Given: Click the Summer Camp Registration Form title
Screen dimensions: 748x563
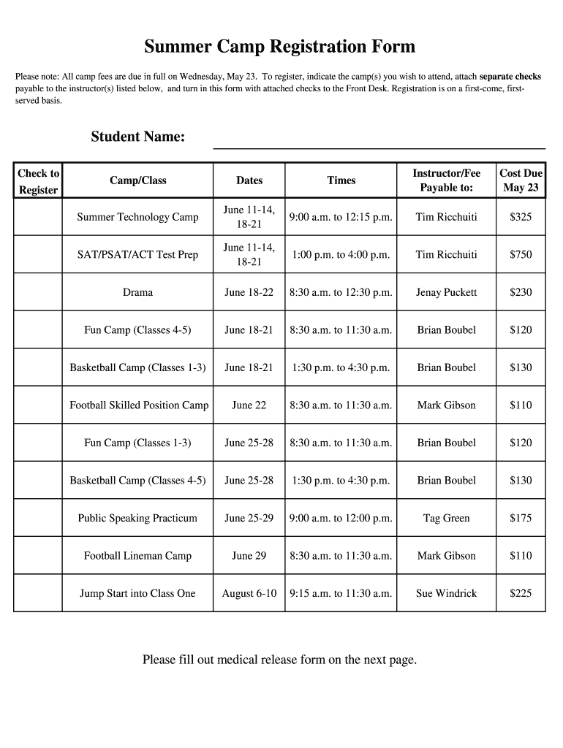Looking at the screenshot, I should pyautogui.click(x=279, y=47).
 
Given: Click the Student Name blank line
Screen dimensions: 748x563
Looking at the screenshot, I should pyautogui.click(x=379, y=142).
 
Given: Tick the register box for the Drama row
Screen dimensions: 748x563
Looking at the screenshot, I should pyautogui.click(x=37, y=292).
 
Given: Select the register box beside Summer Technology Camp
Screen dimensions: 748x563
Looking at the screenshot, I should pyautogui.click(x=37, y=217).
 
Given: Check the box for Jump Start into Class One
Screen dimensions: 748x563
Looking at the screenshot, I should pyautogui.click(x=37, y=593).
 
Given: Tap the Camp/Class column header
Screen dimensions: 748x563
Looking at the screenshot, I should pyautogui.click(x=137, y=180).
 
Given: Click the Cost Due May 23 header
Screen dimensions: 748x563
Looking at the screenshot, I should pyautogui.click(x=521, y=180).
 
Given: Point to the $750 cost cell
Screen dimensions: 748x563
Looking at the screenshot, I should pyautogui.click(x=521, y=255).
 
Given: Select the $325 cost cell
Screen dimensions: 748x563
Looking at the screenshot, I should pyautogui.click(x=521, y=217).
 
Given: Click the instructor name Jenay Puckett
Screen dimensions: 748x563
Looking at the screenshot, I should pyautogui.click(x=446, y=292).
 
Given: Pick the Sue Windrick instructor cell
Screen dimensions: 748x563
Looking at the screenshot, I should pyautogui.click(x=446, y=593).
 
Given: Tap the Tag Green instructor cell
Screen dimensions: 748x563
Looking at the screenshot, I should pyautogui.click(x=446, y=518).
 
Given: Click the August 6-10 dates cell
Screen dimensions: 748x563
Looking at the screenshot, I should pyautogui.click(x=249, y=593).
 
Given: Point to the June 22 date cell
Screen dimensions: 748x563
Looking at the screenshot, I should pyautogui.click(x=249, y=405).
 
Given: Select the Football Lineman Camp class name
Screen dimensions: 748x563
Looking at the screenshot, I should pyautogui.click(x=137, y=556).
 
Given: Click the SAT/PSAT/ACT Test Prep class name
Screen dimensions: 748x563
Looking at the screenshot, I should pyautogui.click(x=137, y=255).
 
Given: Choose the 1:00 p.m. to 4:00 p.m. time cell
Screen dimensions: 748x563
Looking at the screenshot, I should pyautogui.click(x=341, y=255).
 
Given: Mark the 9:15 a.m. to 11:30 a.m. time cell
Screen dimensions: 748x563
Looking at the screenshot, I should pyautogui.click(x=341, y=593).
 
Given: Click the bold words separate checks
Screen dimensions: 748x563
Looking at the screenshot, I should pyautogui.click(x=510, y=76).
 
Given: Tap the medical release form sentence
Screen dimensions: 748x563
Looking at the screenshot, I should pyautogui.click(x=279, y=660).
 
